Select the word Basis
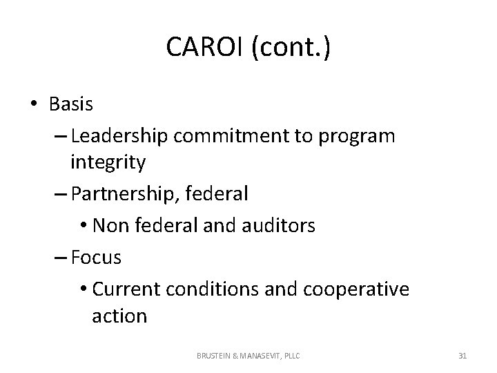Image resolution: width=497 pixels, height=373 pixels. coord(71,104)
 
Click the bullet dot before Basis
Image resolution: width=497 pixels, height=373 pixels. coord(35,104)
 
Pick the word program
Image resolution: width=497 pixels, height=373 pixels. coord(356,136)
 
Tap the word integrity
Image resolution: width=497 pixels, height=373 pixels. coord(108,163)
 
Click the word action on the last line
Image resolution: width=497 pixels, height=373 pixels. coord(119,316)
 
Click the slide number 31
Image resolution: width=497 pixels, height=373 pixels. coord(462,356)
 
